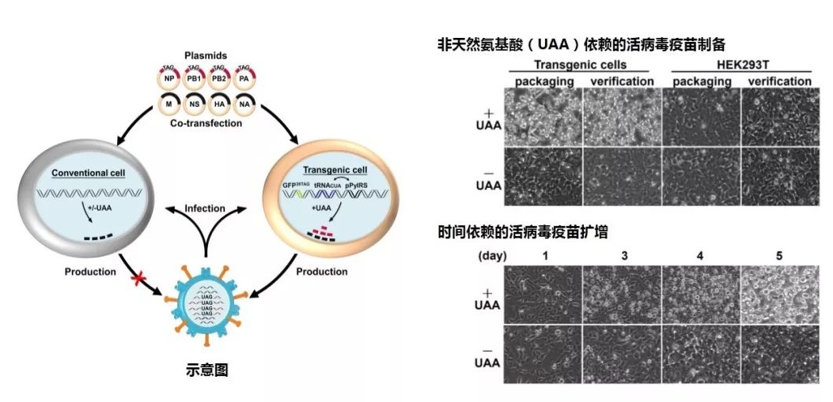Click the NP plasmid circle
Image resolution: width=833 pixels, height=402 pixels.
[168, 79]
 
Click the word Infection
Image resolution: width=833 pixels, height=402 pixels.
[205, 209]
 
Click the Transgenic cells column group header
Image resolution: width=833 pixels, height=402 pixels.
[580, 64]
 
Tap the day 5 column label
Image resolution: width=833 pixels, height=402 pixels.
[779, 255]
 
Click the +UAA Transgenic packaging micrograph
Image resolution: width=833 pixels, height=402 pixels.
[543, 118]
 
